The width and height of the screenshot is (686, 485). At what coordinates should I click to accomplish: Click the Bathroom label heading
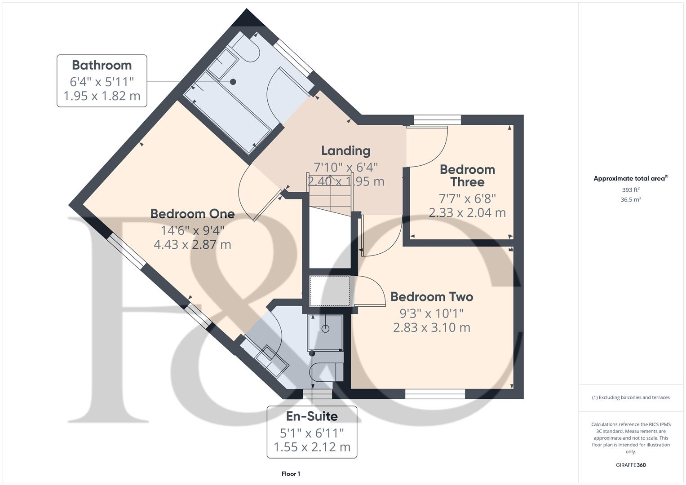[x=102, y=65]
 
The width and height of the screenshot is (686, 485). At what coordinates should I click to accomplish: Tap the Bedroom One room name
[x=192, y=214]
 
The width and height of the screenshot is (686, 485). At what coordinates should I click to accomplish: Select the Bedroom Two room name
[x=431, y=297]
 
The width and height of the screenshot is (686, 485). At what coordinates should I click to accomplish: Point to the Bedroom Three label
[x=467, y=176]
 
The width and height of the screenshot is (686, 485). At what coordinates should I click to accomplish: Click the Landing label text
[x=345, y=151]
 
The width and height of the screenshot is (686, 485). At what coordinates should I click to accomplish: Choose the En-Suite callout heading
[x=312, y=416]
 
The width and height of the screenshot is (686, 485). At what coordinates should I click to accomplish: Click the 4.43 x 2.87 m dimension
[x=192, y=245]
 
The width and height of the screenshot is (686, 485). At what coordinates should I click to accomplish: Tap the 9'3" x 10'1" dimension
[x=431, y=313]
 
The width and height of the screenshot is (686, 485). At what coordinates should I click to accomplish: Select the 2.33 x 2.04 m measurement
[x=467, y=212]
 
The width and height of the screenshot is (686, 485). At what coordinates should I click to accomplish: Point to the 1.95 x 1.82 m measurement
[x=102, y=96]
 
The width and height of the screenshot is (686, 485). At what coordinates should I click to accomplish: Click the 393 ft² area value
[x=630, y=190]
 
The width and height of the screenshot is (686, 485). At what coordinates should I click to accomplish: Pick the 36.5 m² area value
[x=630, y=200]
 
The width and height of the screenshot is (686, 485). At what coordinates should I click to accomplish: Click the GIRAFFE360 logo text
[x=630, y=465]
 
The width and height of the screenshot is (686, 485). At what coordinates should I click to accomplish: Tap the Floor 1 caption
[x=291, y=474]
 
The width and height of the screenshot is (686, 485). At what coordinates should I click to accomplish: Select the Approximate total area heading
[x=630, y=178]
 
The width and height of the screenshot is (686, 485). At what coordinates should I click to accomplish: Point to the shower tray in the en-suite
[x=325, y=332]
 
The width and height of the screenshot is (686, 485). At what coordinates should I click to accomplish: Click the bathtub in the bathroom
[x=231, y=112]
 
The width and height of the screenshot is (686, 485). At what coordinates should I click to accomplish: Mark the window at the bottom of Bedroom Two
[x=435, y=394]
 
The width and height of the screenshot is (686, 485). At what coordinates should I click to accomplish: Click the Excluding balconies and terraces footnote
[x=630, y=397]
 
